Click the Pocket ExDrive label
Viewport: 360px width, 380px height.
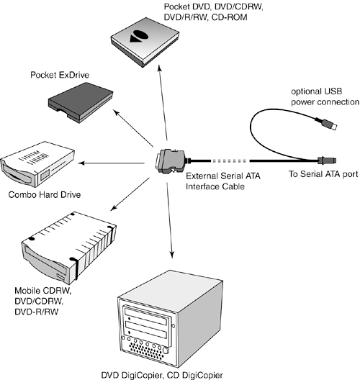(60, 75)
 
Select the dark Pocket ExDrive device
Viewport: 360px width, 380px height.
(81, 102)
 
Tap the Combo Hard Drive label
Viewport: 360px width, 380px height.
(45, 194)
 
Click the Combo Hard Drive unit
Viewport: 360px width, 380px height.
(37, 164)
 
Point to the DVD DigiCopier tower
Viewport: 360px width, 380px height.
(170, 319)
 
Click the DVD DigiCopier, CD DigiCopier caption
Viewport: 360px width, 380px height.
(162, 376)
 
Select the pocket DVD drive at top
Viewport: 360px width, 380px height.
(145, 42)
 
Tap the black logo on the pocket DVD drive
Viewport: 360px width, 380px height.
(139, 36)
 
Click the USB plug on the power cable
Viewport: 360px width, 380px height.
(326, 123)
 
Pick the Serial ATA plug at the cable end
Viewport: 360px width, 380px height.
(327, 160)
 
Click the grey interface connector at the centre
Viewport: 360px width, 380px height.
(171, 161)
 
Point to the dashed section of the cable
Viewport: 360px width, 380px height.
(229, 160)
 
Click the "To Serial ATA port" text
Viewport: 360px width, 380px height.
(323, 174)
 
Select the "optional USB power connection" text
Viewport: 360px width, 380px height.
(325, 96)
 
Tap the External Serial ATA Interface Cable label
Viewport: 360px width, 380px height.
(223, 181)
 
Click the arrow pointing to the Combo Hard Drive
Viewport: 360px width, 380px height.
(112, 163)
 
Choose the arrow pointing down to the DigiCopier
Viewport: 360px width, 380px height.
(169, 220)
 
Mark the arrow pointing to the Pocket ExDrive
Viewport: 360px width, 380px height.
(133, 128)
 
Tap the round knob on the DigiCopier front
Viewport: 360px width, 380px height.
(166, 350)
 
